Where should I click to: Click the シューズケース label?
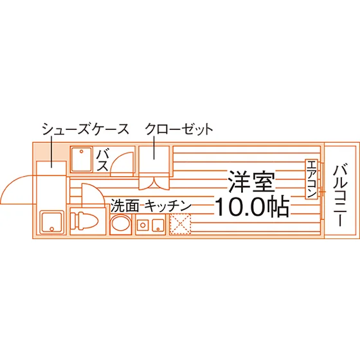pyautogui.click(x=85, y=129)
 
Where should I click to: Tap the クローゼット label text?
pyautogui.click(x=179, y=129)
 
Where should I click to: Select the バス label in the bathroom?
pyautogui.click(x=102, y=161)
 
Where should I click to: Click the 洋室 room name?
pyautogui.click(x=251, y=181)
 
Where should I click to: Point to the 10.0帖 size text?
pyautogui.click(x=252, y=206)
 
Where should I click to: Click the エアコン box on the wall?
pyautogui.click(x=311, y=179)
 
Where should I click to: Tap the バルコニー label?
pyautogui.click(x=340, y=195)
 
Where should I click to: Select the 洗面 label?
pyautogui.click(x=125, y=206)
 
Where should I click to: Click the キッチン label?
pyautogui.click(x=168, y=206)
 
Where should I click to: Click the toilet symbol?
pyautogui.click(x=84, y=221)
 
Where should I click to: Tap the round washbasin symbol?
pyautogui.click(x=121, y=222)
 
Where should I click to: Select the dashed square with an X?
pyautogui.click(x=180, y=224)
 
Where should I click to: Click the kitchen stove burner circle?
pyautogui.click(x=143, y=225)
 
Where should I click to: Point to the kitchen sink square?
pyautogui.click(x=158, y=225)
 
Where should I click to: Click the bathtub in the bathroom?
pyautogui.click(x=81, y=160)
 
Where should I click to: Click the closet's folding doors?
pyautogui.click(x=154, y=183)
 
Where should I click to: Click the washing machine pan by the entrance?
pyautogui.click(x=52, y=222)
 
